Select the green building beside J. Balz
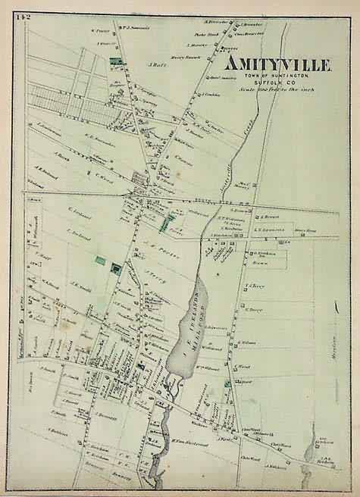pyautogui.click(x=116, y=60)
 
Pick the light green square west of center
pyautogui.click(x=99, y=260)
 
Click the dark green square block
pyautogui.click(x=116, y=267)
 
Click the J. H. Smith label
pyautogui.click(x=82, y=288)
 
